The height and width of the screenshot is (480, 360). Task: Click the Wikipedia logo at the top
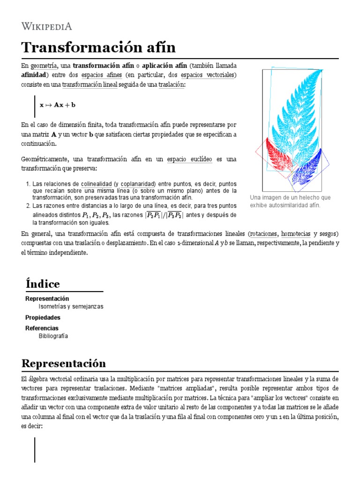point(46,26)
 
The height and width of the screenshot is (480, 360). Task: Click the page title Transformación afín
point(98,47)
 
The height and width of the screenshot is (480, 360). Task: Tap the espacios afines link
point(102,75)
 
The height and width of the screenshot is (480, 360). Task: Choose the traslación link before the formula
point(172,84)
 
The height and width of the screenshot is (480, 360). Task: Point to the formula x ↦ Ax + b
point(58,105)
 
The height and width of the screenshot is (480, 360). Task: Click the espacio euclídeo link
point(189,159)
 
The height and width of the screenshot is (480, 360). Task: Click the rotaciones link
point(264,233)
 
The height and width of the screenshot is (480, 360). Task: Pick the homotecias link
point(296,233)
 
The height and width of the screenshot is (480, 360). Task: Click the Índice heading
point(43,284)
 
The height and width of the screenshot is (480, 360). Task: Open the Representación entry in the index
point(47,299)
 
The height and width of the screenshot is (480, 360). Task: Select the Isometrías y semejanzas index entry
point(71,307)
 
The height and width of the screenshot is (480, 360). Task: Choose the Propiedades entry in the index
point(43,317)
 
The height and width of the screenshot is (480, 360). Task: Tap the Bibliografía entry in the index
point(53,336)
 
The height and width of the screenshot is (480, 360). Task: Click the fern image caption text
point(290,201)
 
